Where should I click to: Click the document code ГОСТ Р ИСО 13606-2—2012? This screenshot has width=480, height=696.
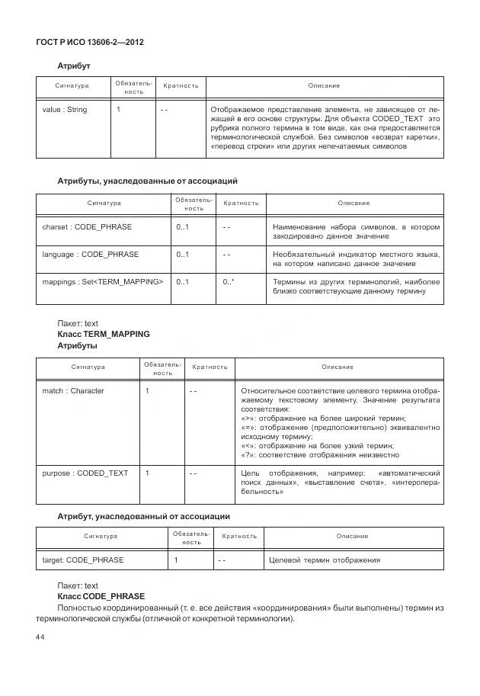[89, 42]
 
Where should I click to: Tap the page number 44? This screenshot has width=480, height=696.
[40, 637]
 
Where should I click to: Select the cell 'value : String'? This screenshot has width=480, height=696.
[65, 110]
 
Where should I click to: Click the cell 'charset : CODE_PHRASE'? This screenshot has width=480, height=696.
[87, 227]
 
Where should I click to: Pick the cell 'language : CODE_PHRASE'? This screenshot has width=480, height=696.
[91, 255]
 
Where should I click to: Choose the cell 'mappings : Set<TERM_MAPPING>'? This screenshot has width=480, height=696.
[102, 282]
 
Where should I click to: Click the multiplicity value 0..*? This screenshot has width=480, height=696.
[229, 282]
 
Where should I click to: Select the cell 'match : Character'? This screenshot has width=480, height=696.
[73, 391]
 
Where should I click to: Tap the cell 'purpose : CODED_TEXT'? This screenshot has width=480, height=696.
[85, 473]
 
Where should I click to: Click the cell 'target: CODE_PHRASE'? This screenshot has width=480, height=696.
[83, 560]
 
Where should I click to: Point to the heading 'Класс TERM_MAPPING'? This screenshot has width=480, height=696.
[104, 334]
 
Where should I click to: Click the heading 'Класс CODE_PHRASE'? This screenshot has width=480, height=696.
[101, 595]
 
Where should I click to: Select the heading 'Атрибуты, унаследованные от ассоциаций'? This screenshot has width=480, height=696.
[148, 181]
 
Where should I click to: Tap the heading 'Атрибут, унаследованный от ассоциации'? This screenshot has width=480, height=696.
[144, 516]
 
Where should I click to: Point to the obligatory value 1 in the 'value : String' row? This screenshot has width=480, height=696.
[118, 110]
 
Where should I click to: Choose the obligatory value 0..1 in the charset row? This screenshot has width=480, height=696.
[182, 227]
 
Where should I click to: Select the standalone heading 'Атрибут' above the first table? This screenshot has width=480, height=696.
[74, 66]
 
